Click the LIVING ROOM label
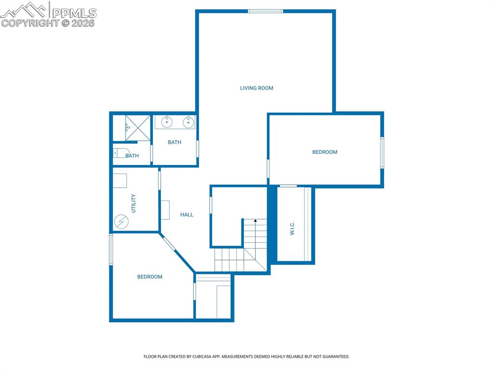tap(257, 88)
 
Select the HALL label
tap(187, 215)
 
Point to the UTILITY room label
tap(133, 203)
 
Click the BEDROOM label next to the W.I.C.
tap(324, 152)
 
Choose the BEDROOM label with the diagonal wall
tap(150, 277)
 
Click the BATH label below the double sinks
tap(174, 142)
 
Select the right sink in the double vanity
tap(188, 122)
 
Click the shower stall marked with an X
tap(138, 128)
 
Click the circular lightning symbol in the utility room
tap(121, 221)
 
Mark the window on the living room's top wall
tap(265, 11)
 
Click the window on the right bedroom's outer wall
tap(382, 153)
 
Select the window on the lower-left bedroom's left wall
tap(111, 249)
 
